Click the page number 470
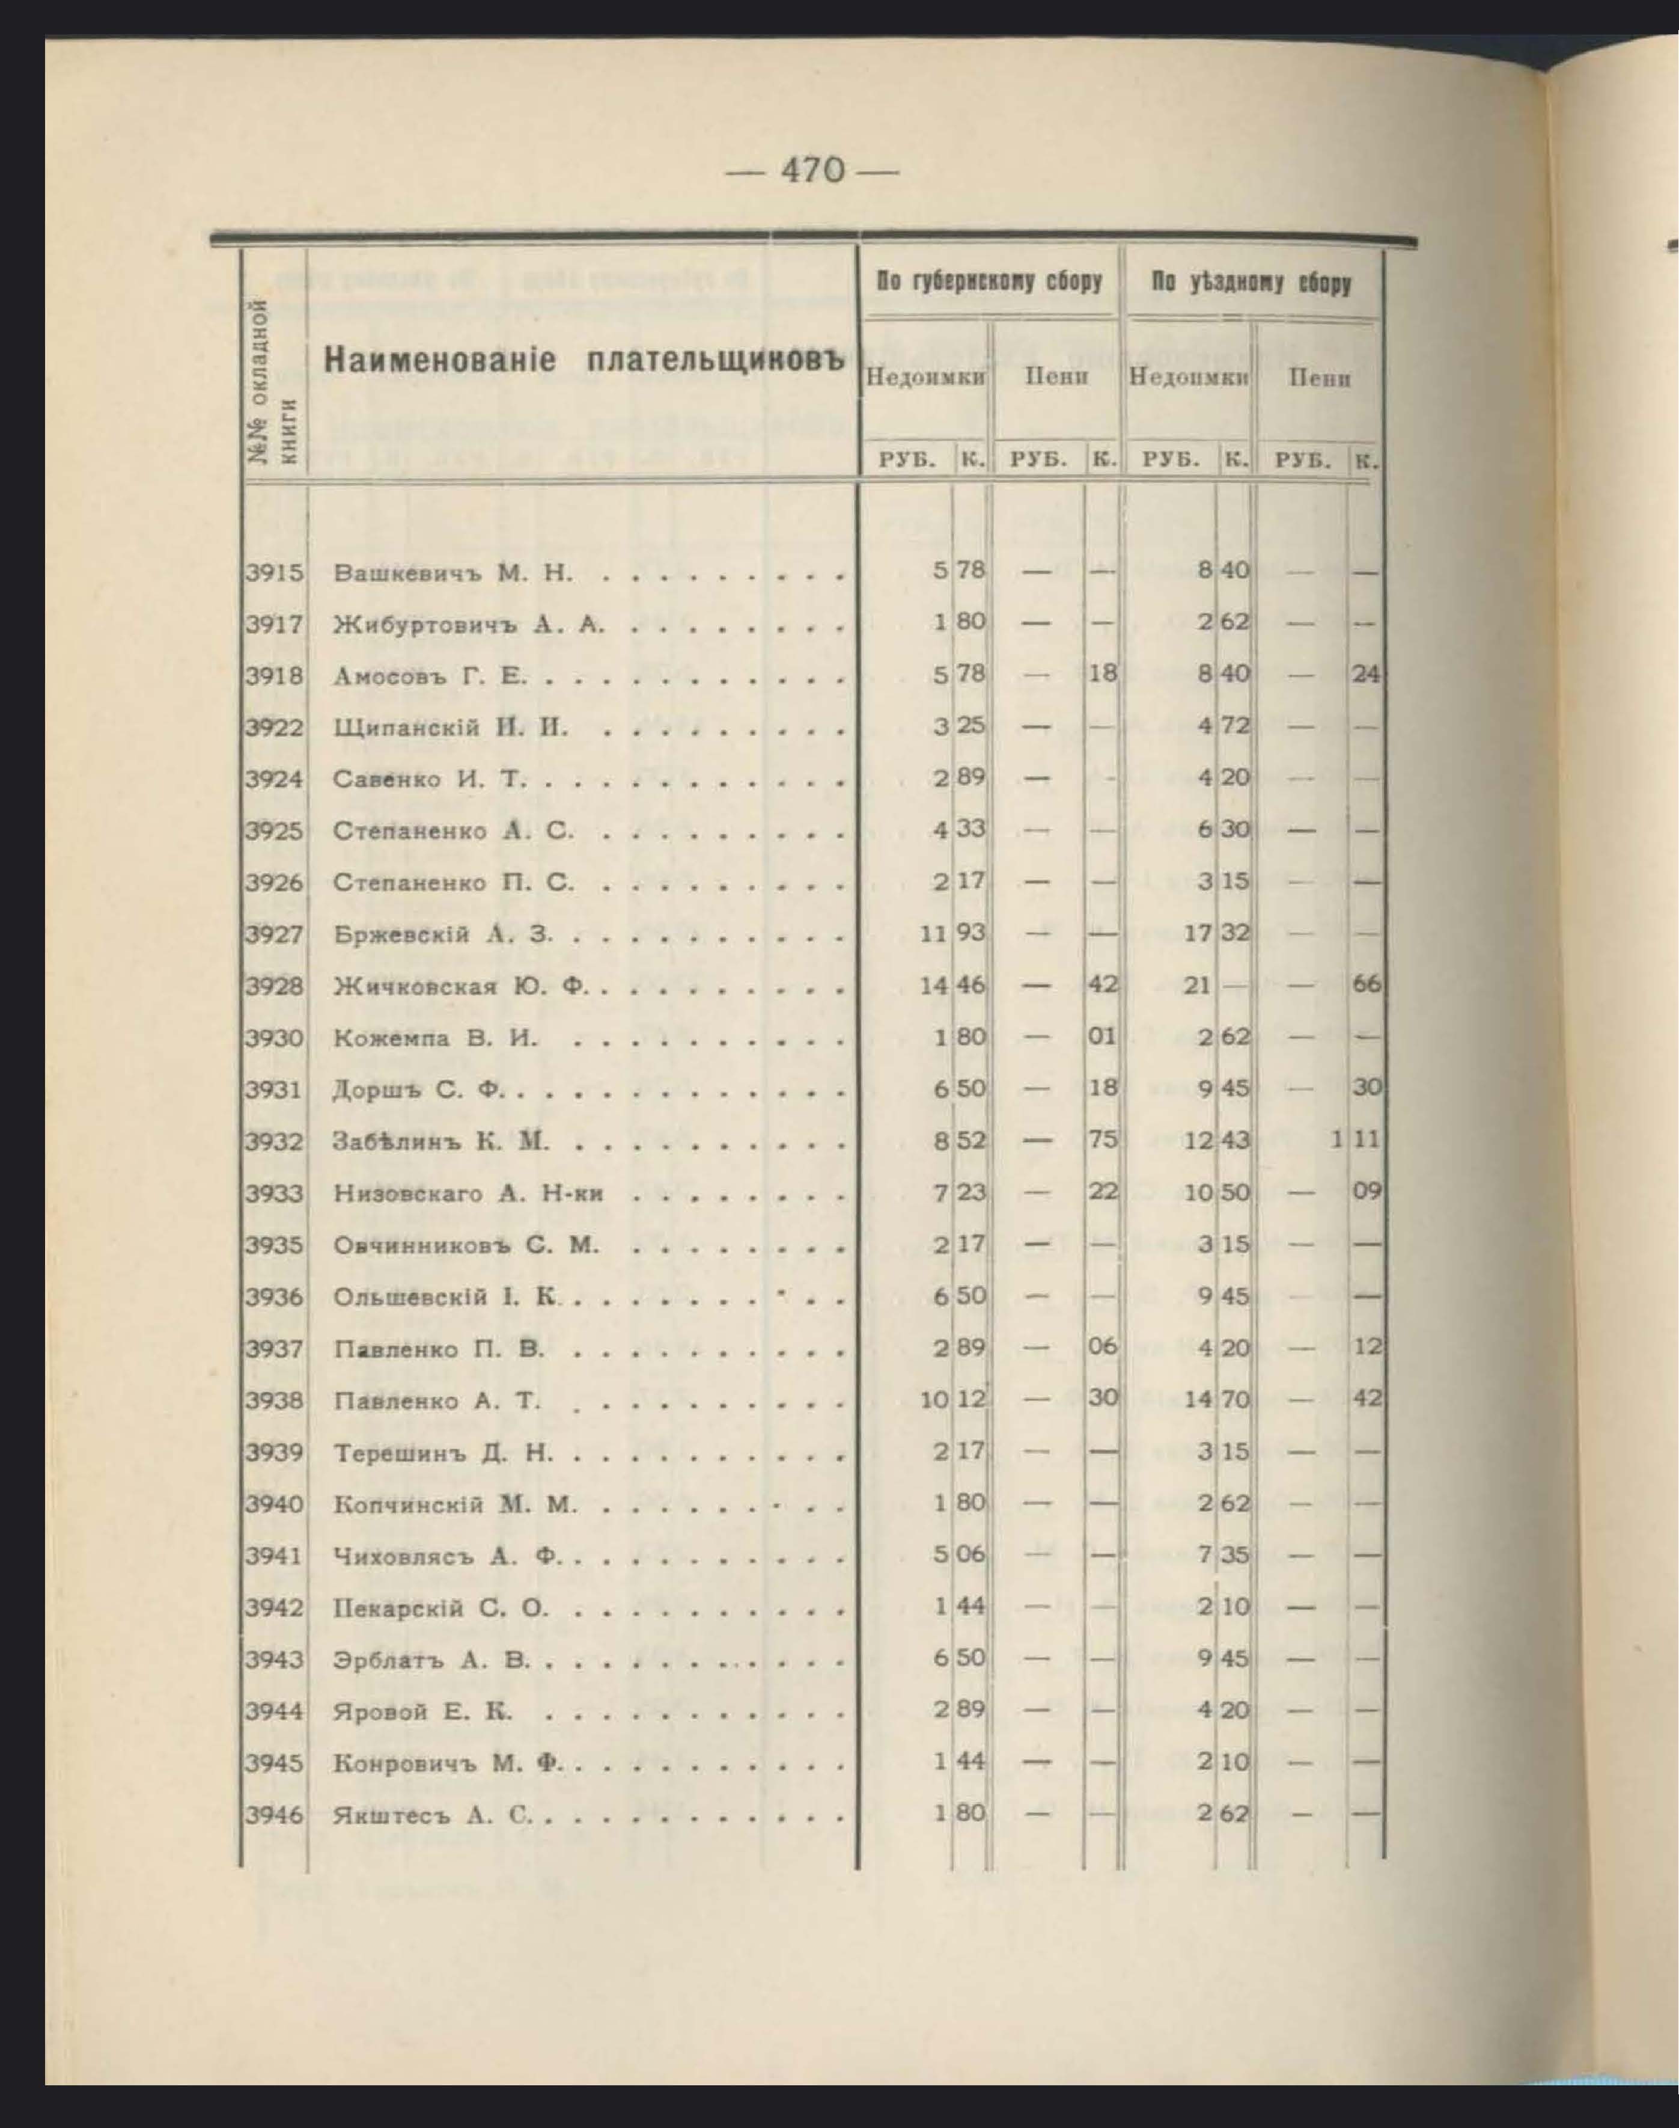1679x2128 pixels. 812,171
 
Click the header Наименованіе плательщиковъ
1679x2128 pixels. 585,361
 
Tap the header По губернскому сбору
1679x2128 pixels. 989,283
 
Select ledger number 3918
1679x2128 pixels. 274,676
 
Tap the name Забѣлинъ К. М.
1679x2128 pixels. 441,1142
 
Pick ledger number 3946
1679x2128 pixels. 274,1814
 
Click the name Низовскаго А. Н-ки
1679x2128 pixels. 468,1194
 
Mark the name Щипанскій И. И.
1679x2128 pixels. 450,729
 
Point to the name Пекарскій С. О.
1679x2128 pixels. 440,1609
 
